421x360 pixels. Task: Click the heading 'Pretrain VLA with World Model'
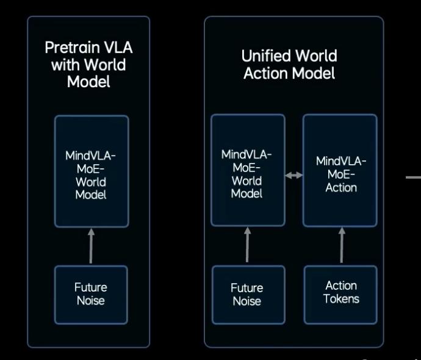pos(88,64)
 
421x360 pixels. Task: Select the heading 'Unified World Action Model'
pos(289,65)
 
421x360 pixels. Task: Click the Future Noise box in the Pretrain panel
pos(91,294)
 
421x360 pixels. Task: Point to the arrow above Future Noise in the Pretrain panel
pos(91,246)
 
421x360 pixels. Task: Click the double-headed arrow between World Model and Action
pos(294,175)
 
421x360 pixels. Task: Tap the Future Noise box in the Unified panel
pos(247,294)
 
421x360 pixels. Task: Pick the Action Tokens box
pos(341,293)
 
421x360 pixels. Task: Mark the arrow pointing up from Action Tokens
pos(342,245)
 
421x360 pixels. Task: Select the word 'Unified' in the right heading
pos(265,56)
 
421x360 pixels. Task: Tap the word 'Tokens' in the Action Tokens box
pos(341,299)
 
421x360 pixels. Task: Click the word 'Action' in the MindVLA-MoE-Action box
pos(341,187)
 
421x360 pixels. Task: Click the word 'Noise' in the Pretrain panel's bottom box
pos(91,300)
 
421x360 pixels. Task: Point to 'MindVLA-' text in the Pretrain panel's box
pos(91,155)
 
